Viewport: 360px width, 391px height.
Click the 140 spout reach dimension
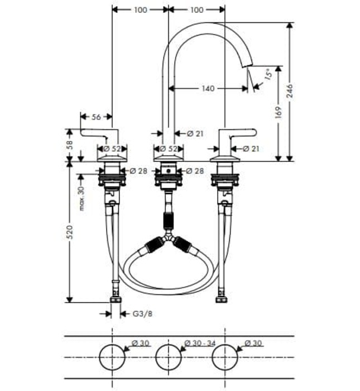coord(208,88)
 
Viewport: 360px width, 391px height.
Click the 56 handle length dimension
coord(96,117)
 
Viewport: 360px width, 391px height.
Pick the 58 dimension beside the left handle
coord(70,144)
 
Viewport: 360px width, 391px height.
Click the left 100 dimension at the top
coord(141,9)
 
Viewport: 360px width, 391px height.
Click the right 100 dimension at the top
coord(196,9)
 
